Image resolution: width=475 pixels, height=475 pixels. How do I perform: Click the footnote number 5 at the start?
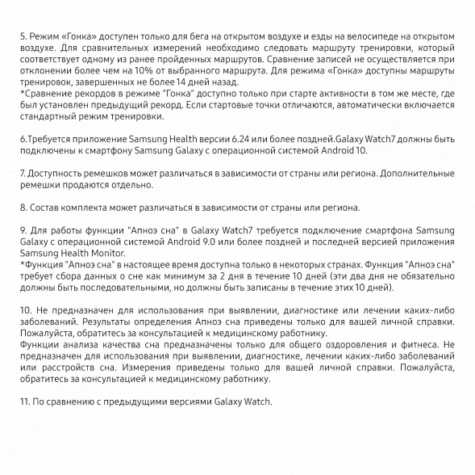coord(22,37)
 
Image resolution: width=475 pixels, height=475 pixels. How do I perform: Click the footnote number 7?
coord(22,173)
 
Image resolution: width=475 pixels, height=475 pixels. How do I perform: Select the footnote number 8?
coord(22,207)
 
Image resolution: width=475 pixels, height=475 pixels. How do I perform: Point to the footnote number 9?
coord(22,230)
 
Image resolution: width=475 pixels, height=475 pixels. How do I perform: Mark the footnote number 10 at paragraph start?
coord(25,310)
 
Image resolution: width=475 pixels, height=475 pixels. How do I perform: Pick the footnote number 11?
coord(24,401)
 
